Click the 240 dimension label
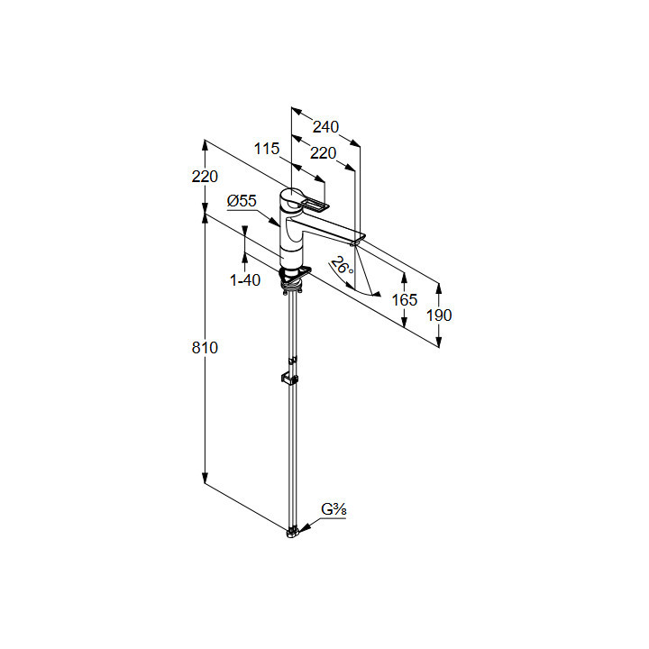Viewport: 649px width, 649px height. (326, 127)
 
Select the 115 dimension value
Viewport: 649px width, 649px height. (266, 149)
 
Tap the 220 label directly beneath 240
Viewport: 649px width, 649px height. (323, 153)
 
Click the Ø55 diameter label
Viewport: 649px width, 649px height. (242, 201)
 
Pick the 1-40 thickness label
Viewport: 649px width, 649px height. (244, 280)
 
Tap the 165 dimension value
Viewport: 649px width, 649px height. (405, 299)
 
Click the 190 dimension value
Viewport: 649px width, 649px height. (439, 315)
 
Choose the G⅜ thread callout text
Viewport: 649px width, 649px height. (334, 510)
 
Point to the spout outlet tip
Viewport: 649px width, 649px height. (356, 241)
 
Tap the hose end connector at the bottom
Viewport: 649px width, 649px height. (290, 533)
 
